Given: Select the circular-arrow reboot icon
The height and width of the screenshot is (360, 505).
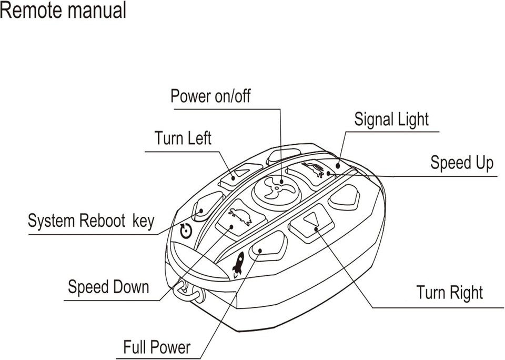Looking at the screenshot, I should pyautogui.click(x=186, y=231).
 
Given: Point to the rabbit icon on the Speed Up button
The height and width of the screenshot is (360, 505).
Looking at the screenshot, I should pyautogui.click(x=314, y=169).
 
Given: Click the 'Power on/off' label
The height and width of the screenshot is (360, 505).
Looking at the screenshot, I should pyautogui.click(x=210, y=96).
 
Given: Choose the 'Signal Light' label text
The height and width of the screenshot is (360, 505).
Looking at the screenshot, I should pyautogui.click(x=391, y=119).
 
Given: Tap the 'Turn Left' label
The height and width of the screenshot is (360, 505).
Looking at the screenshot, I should pyautogui.click(x=183, y=138).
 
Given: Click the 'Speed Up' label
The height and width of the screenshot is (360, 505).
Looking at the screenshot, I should pyautogui.click(x=462, y=163).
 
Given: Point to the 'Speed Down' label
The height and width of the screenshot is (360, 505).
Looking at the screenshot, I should pyautogui.click(x=108, y=287).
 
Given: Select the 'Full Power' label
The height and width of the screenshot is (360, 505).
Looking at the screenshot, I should pyautogui.click(x=157, y=347).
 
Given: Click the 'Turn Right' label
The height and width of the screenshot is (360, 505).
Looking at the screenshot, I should pyautogui.click(x=449, y=293).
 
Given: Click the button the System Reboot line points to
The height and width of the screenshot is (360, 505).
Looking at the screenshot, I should pyautogui.click(x=207, y=205).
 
